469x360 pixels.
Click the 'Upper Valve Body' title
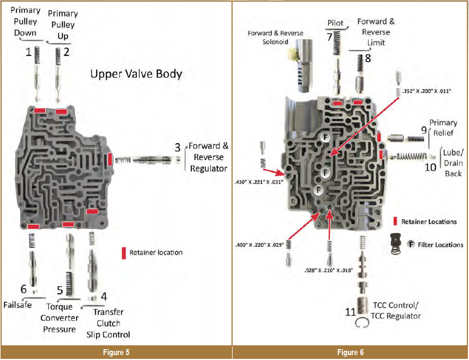(x=136, y=75)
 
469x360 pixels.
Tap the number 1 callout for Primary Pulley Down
(x=28, y=52)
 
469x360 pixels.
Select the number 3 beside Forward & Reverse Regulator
(x=178, y=147)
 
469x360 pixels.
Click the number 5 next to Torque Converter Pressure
(x=60, y=290)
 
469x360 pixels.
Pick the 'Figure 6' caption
(x=351, y=353)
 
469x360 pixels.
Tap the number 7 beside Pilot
(x=329, y=37)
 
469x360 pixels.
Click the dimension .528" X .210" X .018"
(x=329, y=270)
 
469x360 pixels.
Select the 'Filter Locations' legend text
(x=441, y=245)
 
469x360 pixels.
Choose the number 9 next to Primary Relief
(x=424, y=131)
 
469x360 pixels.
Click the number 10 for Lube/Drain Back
(x=430, y=167)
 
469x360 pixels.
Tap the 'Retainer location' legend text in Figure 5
(x=156, y=252)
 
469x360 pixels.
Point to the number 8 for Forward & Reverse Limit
(x=368, y=58)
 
